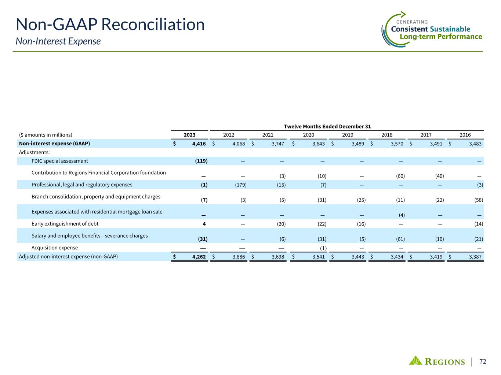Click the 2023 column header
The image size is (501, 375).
(190, 135)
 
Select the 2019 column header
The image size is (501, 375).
(348, 135)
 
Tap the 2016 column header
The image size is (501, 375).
(465, 135)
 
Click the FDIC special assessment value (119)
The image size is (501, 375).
(202, 161)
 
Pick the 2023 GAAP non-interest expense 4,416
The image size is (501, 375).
(199, 144)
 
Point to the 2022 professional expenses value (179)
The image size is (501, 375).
(241, 185)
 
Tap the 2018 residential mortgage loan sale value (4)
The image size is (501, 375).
(402, 215)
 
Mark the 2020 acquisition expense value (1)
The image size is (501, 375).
(323, 248)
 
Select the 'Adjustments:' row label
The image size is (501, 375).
(34, 152)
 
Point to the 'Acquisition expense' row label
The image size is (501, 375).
(55, 248)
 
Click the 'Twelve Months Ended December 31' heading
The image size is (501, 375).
(327, 126)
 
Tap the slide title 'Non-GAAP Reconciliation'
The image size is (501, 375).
(110, 25)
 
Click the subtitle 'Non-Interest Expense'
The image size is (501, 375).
(58, 41)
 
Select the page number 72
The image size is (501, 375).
(483, 361)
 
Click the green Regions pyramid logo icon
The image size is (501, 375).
(415, 360)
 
